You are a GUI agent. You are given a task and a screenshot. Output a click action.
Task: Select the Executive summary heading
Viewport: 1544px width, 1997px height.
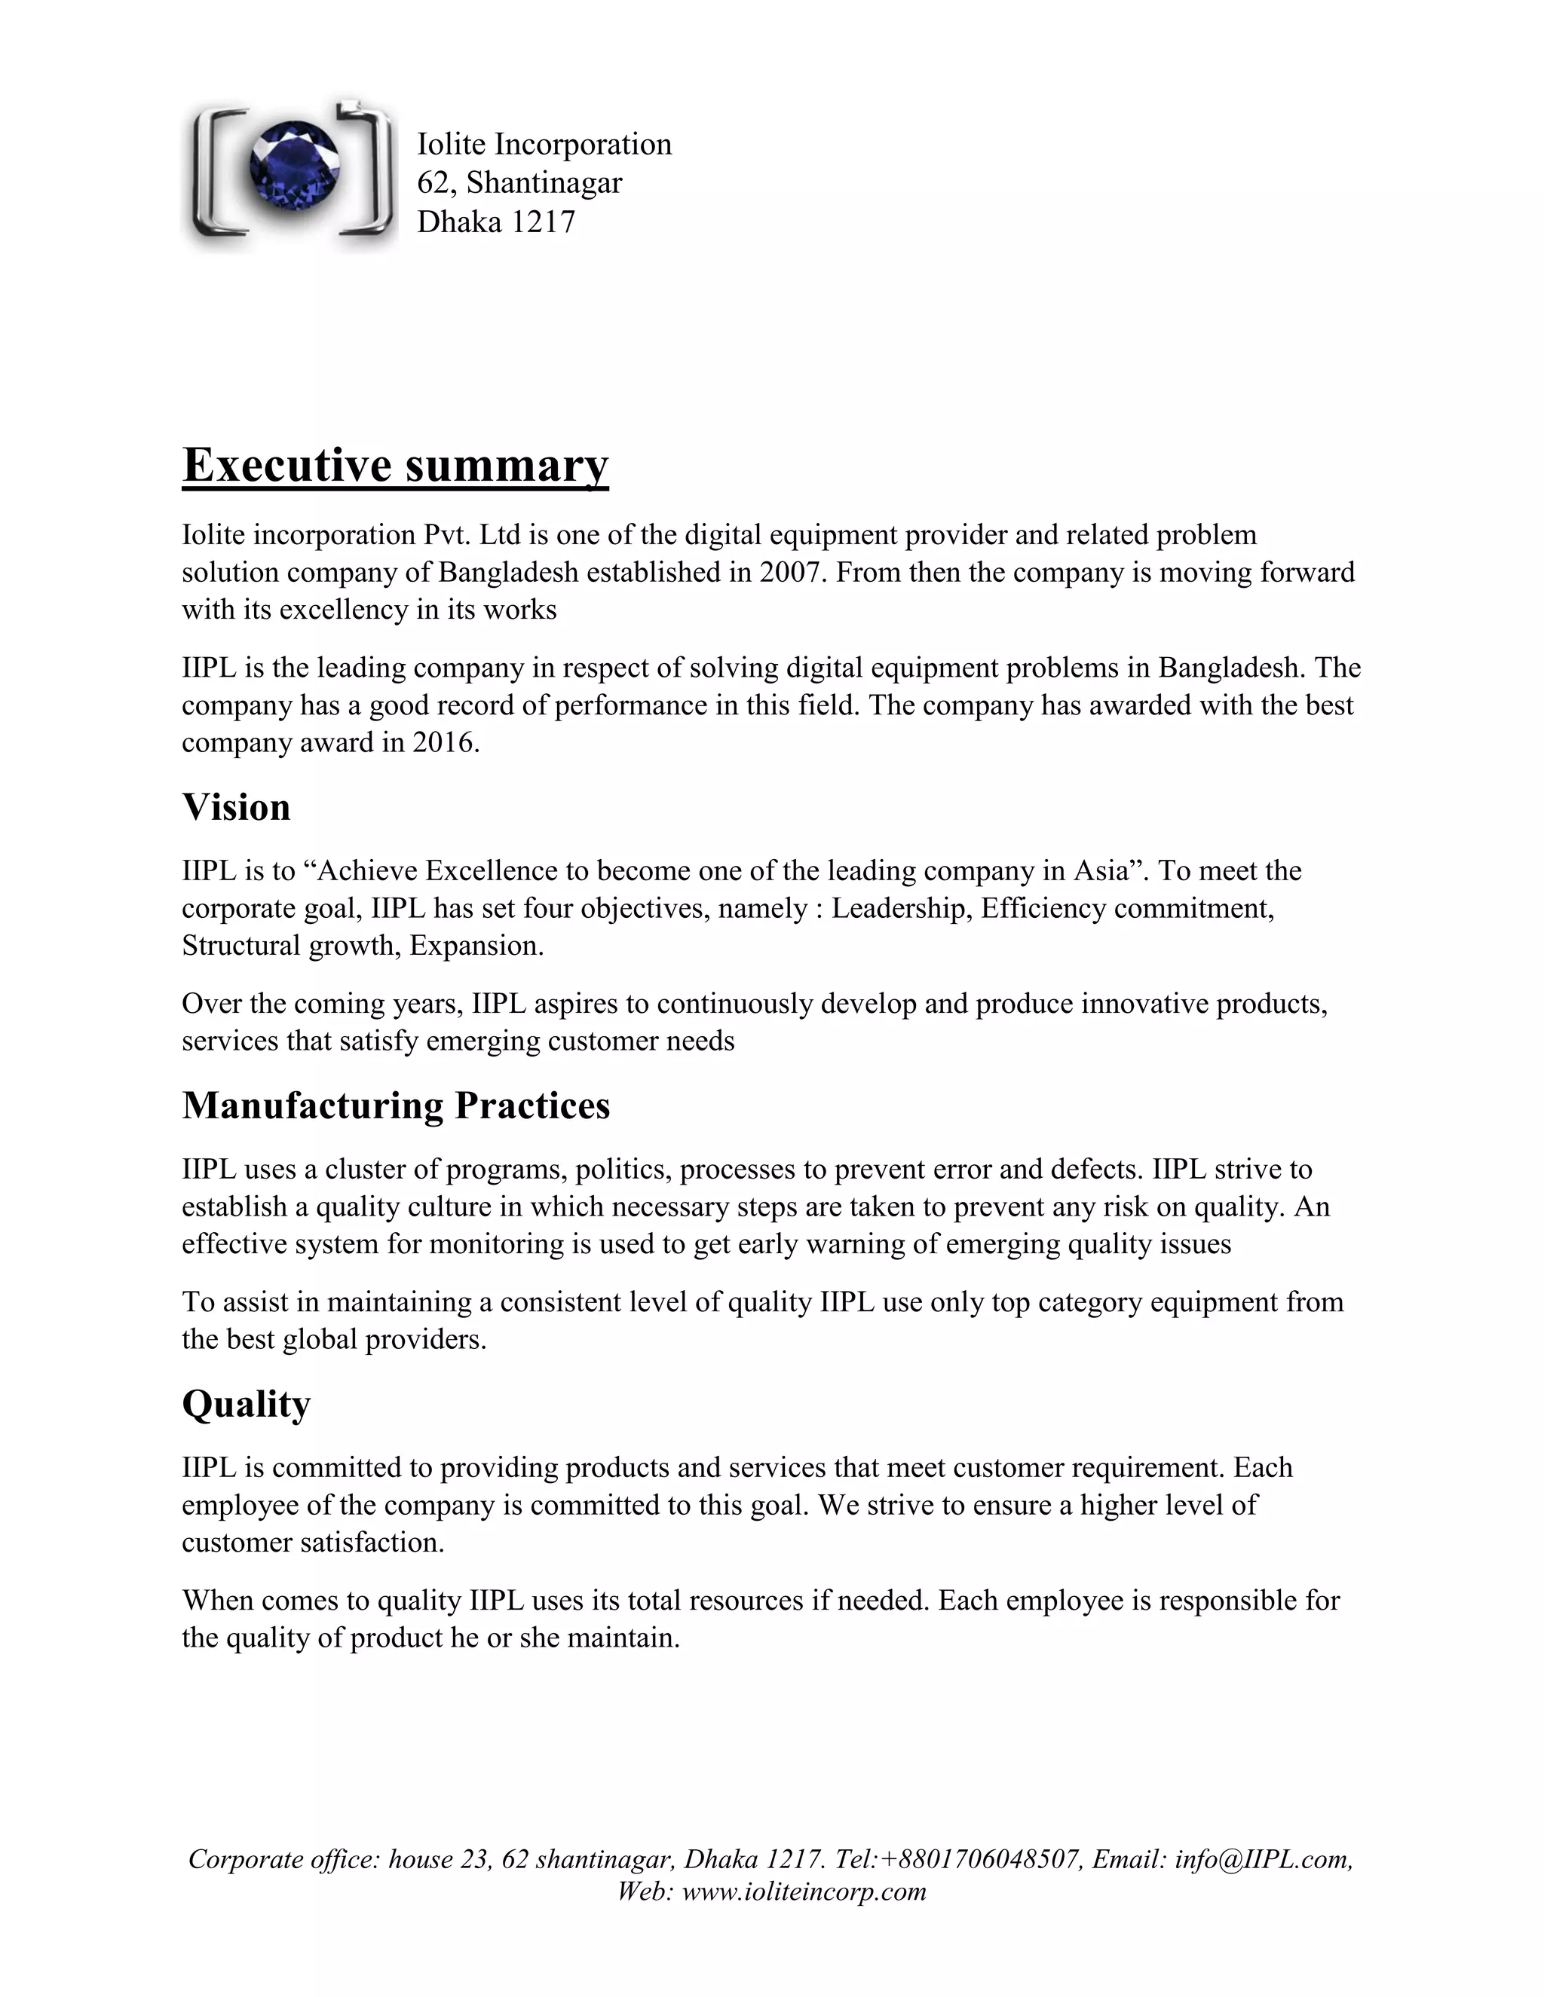pyautogui.click(x=395, y=464)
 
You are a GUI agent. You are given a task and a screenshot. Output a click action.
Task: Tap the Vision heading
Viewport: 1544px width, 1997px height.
pyautogui.click(x=236, y=807)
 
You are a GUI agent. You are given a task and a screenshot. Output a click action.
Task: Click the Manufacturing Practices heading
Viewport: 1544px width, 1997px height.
pyautogui.click(x=396, y=1106)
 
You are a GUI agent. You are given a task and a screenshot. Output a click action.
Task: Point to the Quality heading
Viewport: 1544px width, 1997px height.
pyautogui.click(x=246, y=1404)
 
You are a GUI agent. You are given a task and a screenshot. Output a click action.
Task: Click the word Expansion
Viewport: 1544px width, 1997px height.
pyautogui.click(x=476, y=946)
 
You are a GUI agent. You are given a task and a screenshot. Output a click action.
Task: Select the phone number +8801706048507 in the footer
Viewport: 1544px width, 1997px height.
pyautogui.click(x=979, y=1859)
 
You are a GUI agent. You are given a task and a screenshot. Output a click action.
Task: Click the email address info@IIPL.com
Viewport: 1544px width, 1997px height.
pyautogui.click(x=1262, y=1859)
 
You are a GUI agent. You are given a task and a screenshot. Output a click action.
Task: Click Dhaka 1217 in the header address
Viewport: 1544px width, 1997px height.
pyautogui.click(x=496, y=222)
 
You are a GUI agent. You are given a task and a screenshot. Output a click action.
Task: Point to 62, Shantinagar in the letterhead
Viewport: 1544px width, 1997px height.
pyautogui.click(x=519, y=183)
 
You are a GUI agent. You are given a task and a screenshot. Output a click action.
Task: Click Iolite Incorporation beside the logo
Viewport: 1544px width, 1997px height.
pyautogui.click(x=544, y=143)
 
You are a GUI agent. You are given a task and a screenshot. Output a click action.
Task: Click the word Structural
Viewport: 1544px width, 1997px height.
pyautogui.click(x=241, y=946)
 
